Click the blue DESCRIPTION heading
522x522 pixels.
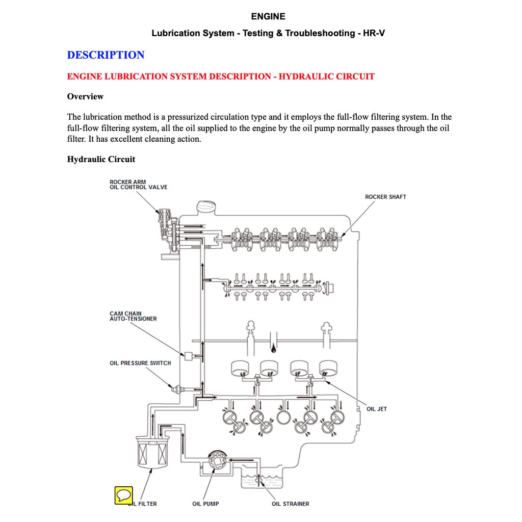tap(106, 55)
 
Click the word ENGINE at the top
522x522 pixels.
tap(268, 16)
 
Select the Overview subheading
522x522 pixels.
tap(85, 96)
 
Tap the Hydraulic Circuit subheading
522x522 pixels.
tap(101, 159)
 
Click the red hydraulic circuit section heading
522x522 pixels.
tap(221, 76)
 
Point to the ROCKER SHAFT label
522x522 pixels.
tap(385, 197)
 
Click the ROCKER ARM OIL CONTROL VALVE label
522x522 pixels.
tap(138, 185)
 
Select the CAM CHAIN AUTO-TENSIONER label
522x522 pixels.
tap(133, 316)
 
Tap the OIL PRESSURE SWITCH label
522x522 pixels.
tap(140, 363)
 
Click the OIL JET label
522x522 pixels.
tap(377, 409)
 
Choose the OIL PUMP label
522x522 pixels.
tap(205, 504)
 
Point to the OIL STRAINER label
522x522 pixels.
tap(290, 504)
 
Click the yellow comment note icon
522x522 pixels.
tap(123, 495)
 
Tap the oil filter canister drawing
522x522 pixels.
tap(152, 452)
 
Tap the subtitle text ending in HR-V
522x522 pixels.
tap(268, 33)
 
